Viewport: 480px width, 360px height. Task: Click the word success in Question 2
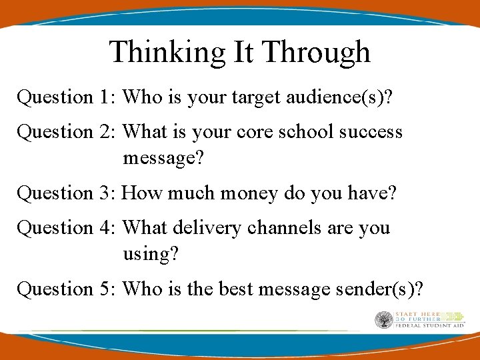click(371, 132)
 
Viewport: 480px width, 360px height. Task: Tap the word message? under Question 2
click(163, 159)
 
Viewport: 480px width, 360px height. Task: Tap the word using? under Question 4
click(149, 254)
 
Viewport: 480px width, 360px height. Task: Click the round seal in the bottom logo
click(383, 320)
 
